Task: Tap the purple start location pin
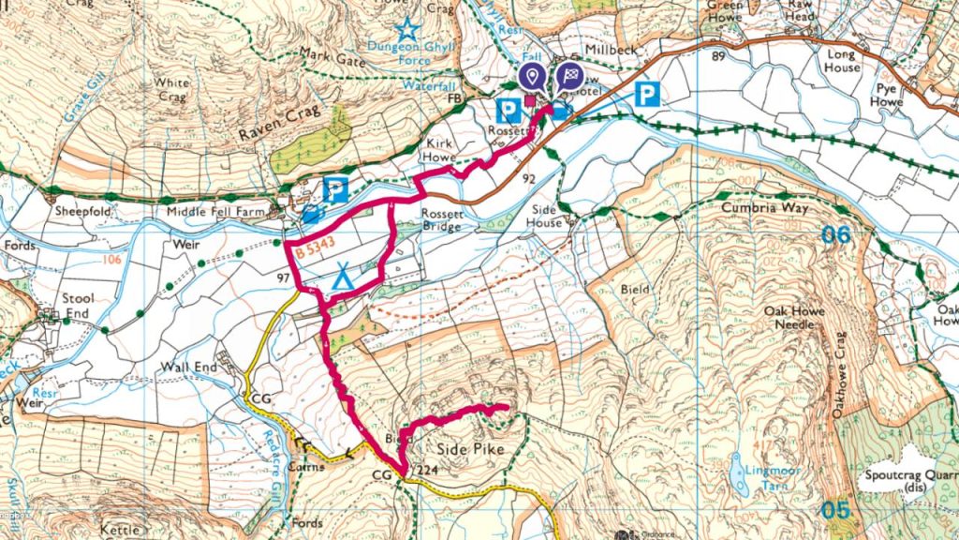click(x=533, y=77)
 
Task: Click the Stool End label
click(x=79, y=305)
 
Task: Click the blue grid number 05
click(x=836, y=510)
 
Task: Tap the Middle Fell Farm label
click(x=220, y=213)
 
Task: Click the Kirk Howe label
click(x=440, y=150)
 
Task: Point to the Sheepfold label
click(x=82, y=213)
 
